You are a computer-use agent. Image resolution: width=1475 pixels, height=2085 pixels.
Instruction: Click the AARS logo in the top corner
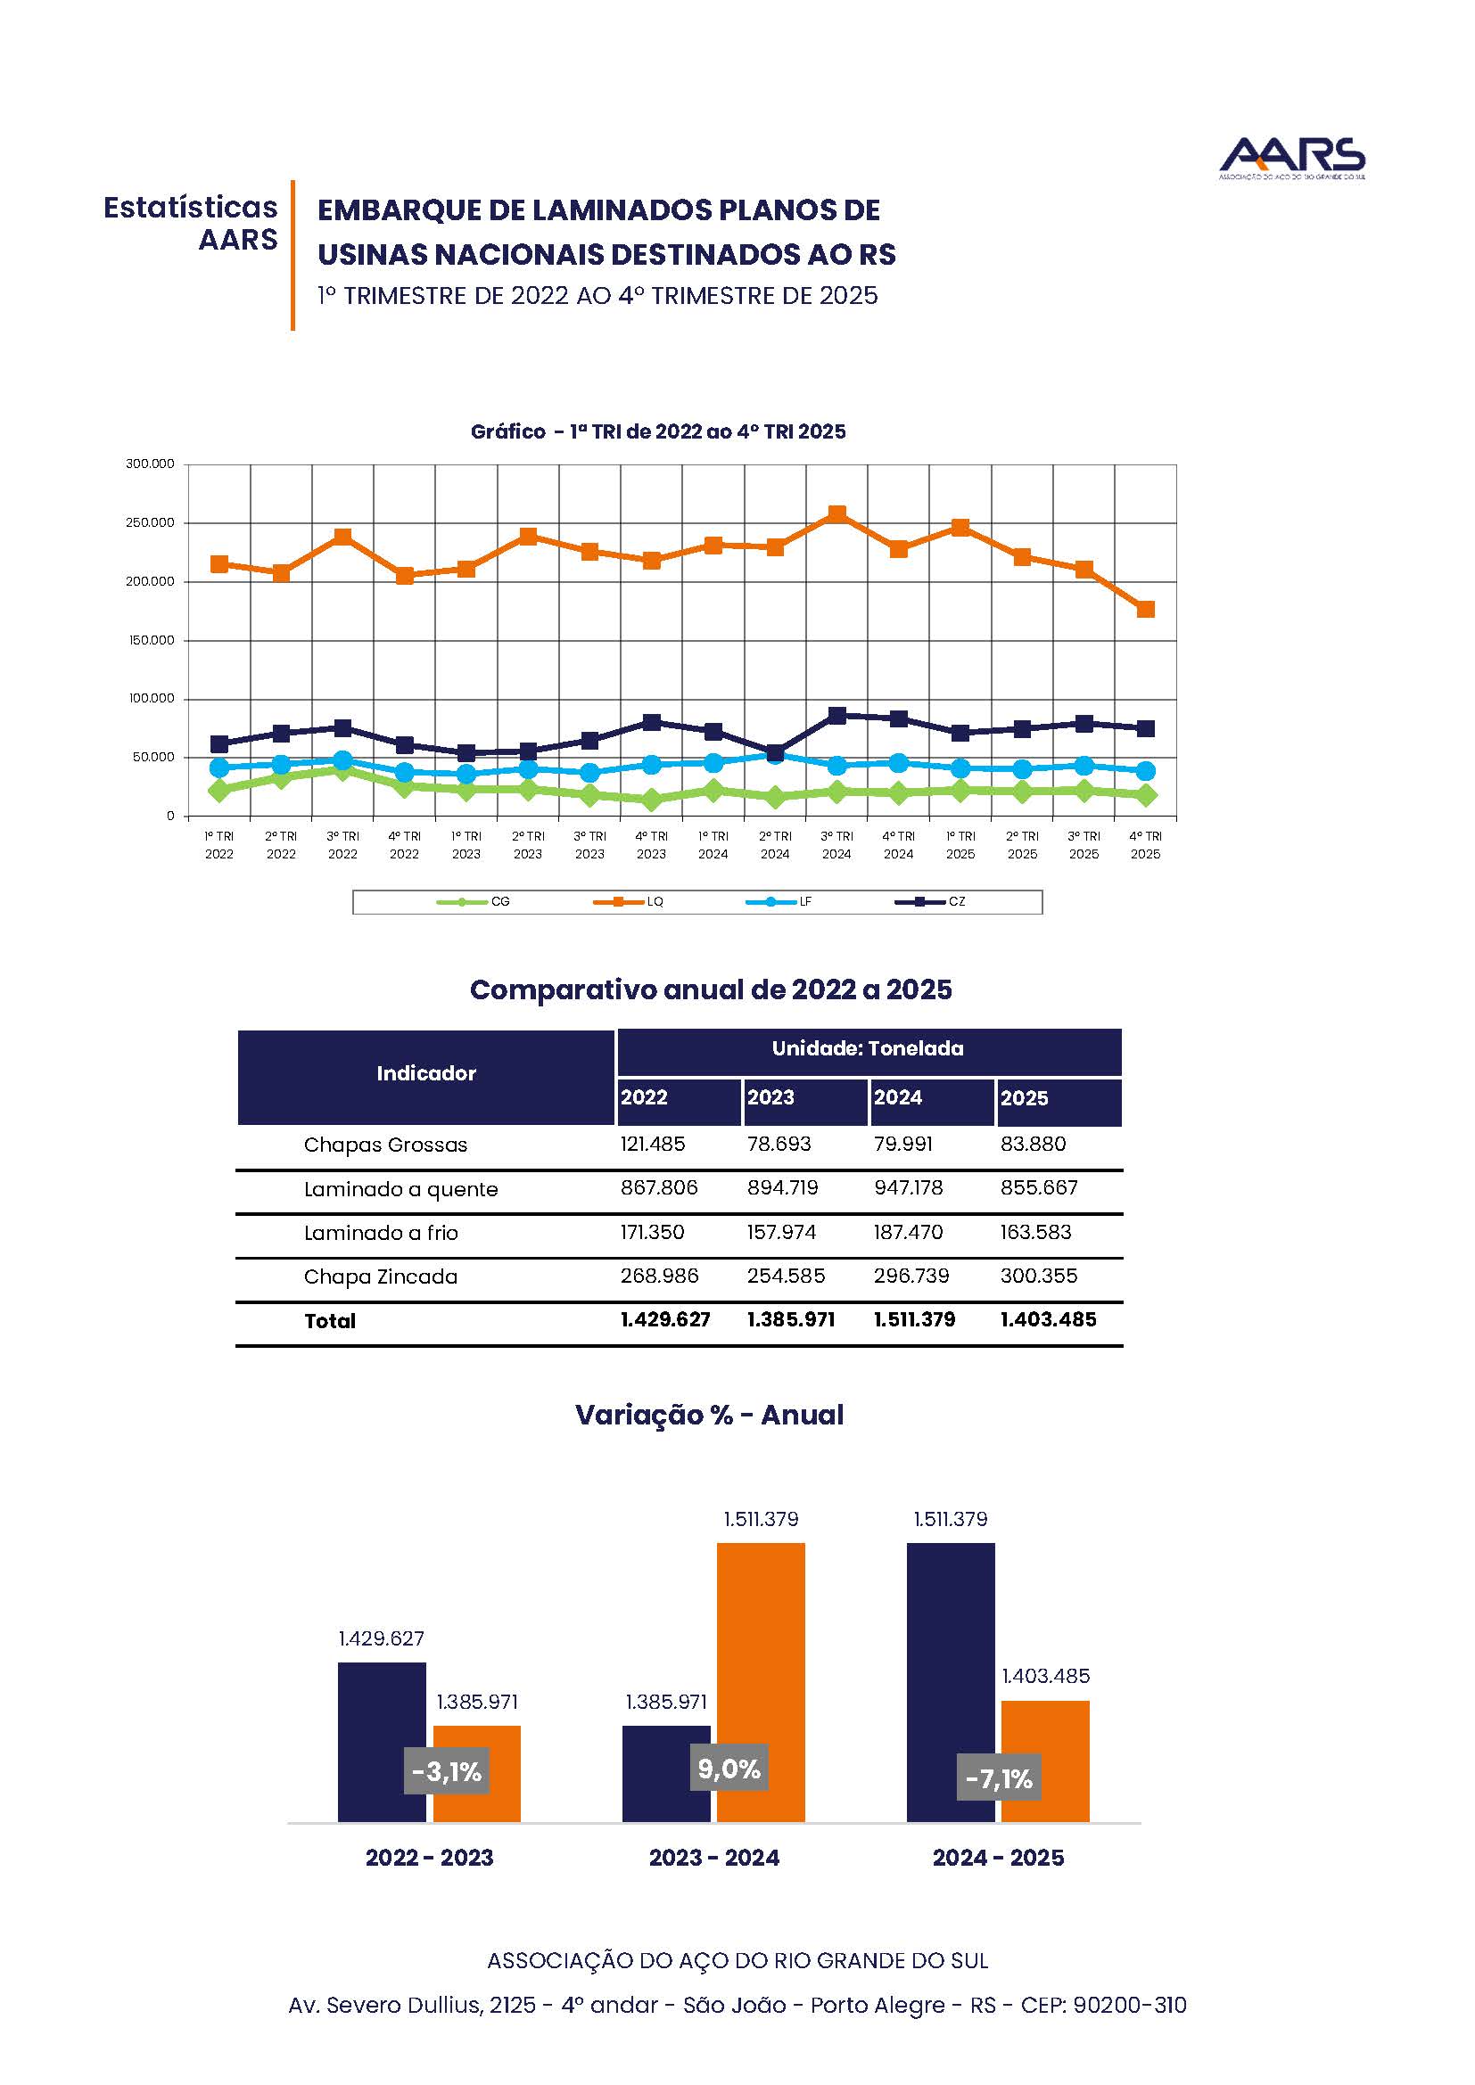[x=1290, y=158]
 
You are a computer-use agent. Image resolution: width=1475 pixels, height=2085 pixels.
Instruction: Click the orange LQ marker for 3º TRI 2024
[x=836, y=515]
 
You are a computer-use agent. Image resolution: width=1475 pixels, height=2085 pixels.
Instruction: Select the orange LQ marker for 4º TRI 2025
[x=1145, y=610]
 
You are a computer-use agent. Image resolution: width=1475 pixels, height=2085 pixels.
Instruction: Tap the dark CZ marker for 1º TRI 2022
[x=218, y=744]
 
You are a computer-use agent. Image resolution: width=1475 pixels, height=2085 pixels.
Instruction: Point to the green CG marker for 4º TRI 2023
[x=651, y=800]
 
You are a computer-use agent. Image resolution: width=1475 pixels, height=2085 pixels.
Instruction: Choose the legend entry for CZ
[x=930, y=902]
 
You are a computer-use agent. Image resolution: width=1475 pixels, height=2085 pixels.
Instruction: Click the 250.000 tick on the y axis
[x=150, y=523]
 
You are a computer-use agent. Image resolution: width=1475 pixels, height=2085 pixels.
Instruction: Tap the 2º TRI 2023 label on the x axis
[x=528, y=844]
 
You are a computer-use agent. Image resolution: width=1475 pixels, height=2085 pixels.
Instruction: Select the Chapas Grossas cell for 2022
[x=652, y=1145]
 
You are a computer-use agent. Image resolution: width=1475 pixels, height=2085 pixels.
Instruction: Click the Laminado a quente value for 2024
[x=908, y=1187]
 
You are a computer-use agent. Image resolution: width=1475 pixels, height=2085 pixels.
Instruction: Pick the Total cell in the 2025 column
[x=1048, y=1319]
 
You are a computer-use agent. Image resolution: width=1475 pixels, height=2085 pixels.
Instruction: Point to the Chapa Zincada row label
[x=381, y=1276]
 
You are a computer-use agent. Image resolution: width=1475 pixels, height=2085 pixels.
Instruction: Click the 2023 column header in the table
[x=770, y=1097]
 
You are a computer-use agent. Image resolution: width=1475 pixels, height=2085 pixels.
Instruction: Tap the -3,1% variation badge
[x=447, y=1771]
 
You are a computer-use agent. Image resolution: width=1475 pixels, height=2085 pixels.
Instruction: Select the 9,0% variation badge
[x=729, y=1768]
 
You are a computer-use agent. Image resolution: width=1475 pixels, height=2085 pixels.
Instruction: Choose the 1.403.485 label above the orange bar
[x=1045, y=1677]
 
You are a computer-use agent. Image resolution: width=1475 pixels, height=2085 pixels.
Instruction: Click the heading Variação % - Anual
[x=709, y=1415]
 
